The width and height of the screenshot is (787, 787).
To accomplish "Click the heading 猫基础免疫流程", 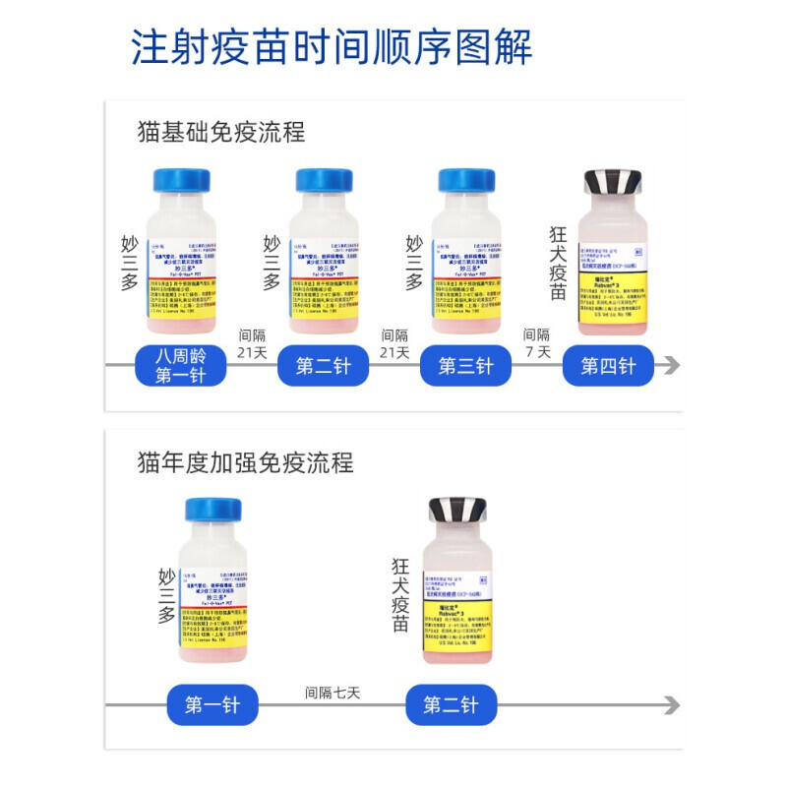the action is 221,132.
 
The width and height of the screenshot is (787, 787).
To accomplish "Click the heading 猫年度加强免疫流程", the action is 246,461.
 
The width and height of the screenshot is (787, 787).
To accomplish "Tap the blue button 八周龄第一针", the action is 180,366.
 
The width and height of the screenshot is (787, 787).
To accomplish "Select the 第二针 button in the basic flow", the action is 324,366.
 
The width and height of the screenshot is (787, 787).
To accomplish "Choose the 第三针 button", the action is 465,366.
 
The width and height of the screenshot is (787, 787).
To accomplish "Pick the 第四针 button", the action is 608,366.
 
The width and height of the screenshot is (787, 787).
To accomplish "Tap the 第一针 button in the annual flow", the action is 212,705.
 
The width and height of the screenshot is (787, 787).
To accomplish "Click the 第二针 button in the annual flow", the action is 451,705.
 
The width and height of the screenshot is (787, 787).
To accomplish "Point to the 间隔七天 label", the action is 333,693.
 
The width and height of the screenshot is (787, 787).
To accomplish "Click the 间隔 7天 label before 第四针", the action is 537,343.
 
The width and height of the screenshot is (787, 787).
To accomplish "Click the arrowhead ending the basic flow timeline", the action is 671,366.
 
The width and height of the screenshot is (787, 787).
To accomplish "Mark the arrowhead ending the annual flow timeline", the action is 671,705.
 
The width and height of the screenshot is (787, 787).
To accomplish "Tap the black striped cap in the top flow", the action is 613,182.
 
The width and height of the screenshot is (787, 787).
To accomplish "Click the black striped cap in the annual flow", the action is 457,510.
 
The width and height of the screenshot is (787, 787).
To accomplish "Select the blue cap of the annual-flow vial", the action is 213,510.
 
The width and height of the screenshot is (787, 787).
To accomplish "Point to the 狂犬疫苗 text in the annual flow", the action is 400,595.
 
